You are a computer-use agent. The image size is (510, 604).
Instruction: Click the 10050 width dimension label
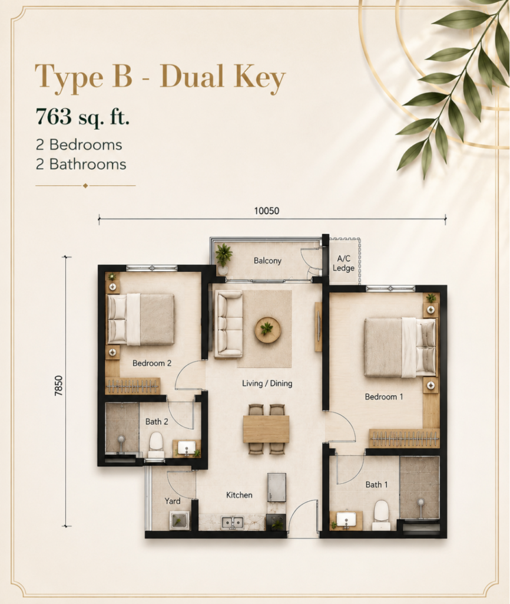tap(267, 211)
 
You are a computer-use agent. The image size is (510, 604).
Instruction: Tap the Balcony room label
tap(267, 261)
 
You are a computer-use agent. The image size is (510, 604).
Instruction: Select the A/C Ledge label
tap(343, 264)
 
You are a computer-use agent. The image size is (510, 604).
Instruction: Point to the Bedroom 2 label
tap(152, 363)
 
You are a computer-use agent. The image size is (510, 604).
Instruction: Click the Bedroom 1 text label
tap(384, 396)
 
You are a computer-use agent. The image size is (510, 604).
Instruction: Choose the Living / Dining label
tap(267, 383)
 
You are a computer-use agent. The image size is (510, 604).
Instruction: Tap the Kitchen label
tap(239, 495)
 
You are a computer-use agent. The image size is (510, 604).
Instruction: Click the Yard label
tap(173, 501)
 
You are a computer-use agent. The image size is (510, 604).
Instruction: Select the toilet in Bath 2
tap(156, 445)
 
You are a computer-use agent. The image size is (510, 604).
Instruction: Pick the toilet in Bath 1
tap(382, 515)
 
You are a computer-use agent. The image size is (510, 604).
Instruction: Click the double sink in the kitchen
tap(233, 523)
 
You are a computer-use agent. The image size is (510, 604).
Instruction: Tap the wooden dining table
tap(266, 429)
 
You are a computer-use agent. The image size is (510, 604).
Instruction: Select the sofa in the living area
tap(228, 324)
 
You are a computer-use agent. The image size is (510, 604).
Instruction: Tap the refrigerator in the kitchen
tap(277, 487)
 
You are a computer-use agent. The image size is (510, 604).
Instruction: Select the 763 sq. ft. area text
tap(82, 116)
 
